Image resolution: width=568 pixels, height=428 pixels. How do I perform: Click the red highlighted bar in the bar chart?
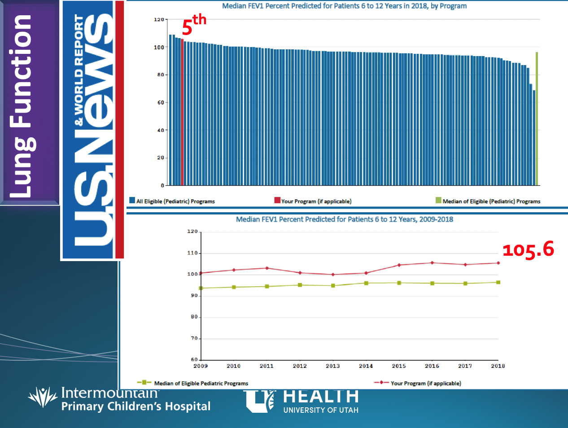click(182, 112)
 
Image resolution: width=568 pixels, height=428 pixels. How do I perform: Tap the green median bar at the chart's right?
click(537, 119)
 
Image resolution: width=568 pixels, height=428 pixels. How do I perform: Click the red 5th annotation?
click(193, 25)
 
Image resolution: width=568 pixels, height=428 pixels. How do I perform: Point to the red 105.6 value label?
click(528, 249)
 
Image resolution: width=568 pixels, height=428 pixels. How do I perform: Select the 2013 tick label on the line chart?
click(333, 366)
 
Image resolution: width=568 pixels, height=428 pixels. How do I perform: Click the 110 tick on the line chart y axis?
click(192, 253)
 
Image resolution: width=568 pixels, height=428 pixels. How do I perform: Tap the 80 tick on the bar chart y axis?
click(160, 75)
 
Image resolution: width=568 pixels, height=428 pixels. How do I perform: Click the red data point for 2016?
click(432, 263)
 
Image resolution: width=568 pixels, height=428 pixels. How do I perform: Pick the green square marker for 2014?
click(366, 283)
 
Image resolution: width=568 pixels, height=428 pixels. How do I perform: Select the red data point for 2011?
click(267, 268)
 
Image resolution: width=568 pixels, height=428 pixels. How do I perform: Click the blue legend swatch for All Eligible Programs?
click(132, 201)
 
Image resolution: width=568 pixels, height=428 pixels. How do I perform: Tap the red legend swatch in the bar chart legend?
click(277, 200)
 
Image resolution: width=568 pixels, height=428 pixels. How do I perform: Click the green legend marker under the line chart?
click(144, 383)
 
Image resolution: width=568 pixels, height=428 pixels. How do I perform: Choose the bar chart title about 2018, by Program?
click(344, 6)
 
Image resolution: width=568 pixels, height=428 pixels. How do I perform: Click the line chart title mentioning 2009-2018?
click(344, 219)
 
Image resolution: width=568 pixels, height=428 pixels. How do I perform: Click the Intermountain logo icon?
click(43, 397)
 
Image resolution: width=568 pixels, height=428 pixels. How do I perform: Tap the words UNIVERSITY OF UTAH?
click(321, 410)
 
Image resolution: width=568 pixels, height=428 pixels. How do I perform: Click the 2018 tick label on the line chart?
click(498, 366)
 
